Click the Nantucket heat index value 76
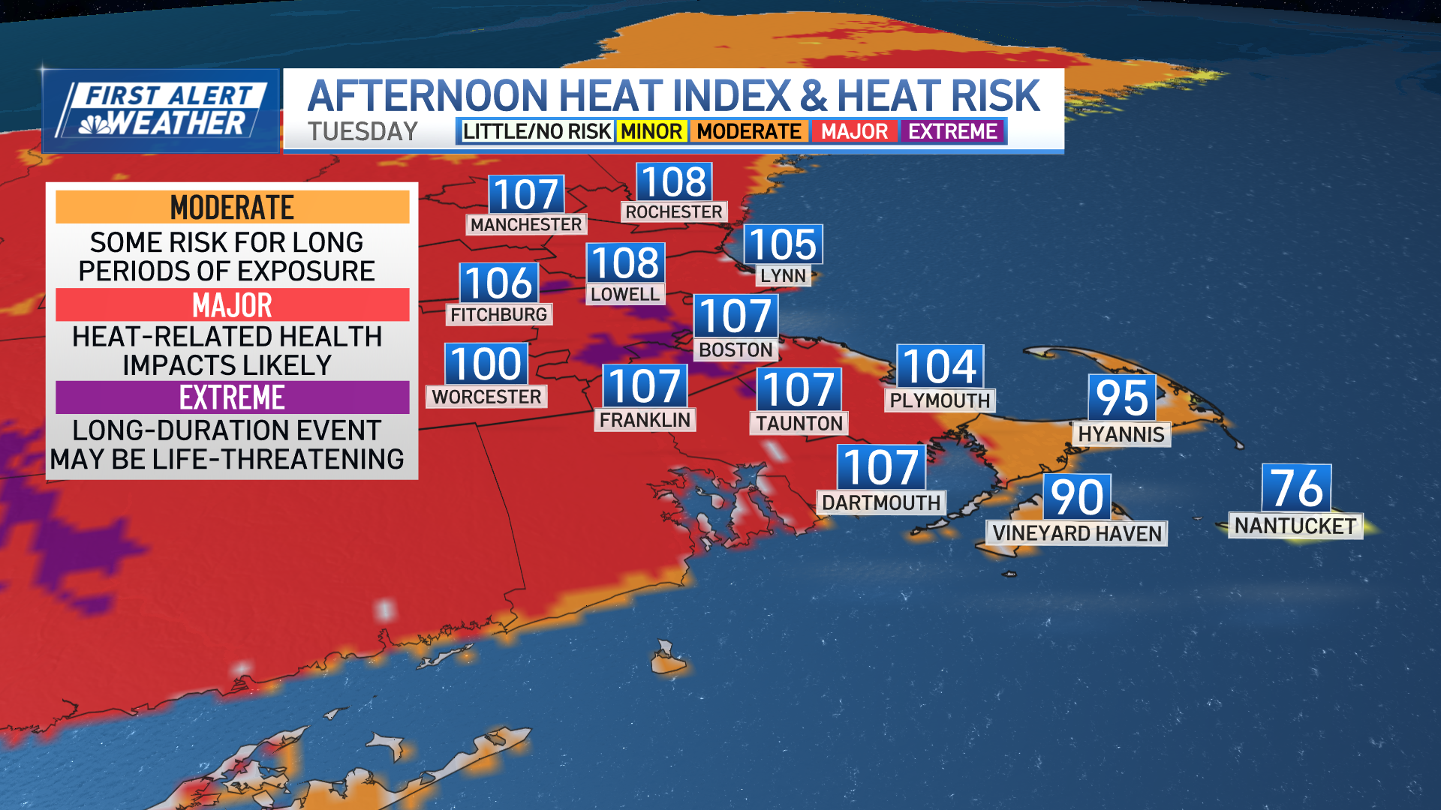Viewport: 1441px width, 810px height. click(1296, 488)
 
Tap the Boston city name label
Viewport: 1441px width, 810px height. click(736, 349)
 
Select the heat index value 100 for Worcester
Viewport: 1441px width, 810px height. click(486, 364)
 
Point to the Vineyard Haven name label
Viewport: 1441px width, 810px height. click(1076, 533)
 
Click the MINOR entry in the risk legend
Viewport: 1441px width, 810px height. click(651, 131)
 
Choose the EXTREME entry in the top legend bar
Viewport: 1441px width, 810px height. click(952, 131)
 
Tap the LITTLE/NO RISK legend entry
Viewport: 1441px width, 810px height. click(536, 131)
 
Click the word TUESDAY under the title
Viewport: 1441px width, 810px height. click(363, 131)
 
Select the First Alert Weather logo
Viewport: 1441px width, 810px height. click(161, 111)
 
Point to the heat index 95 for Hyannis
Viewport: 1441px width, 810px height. click(1121, 397)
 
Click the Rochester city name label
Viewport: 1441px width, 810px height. click(674, 211)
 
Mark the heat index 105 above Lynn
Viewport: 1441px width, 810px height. click(783, 244)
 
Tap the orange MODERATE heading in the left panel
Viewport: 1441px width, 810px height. click(232, 207)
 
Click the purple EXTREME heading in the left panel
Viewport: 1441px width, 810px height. click(232, 397)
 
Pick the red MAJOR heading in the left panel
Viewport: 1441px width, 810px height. click(232, 304)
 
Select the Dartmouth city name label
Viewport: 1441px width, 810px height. click(881, 502)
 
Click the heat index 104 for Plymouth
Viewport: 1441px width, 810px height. click(940, 367)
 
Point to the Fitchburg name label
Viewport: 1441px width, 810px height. click(499, 314)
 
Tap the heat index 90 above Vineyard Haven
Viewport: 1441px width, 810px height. click(1076, 496)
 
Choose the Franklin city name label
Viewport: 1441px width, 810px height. click(645, 420)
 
